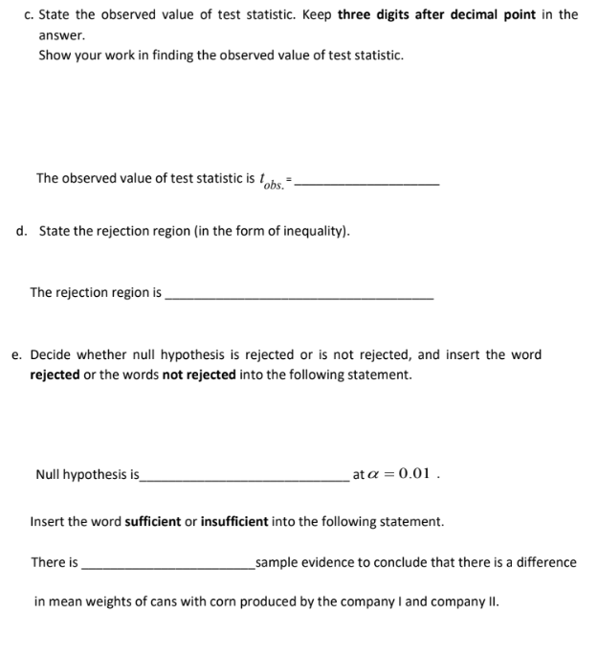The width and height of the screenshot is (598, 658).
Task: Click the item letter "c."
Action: [28, 14]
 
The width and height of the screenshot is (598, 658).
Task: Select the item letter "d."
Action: [22, 231]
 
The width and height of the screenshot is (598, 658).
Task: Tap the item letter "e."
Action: [17, 354]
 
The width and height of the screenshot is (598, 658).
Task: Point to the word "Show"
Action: [54, 55]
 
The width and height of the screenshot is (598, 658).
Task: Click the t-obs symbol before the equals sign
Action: [273, 181]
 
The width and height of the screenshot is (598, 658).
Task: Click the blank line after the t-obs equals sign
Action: [368, 182]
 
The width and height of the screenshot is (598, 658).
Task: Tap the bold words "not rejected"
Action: [199, 374]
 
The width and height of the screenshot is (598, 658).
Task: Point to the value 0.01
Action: [416, 474]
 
